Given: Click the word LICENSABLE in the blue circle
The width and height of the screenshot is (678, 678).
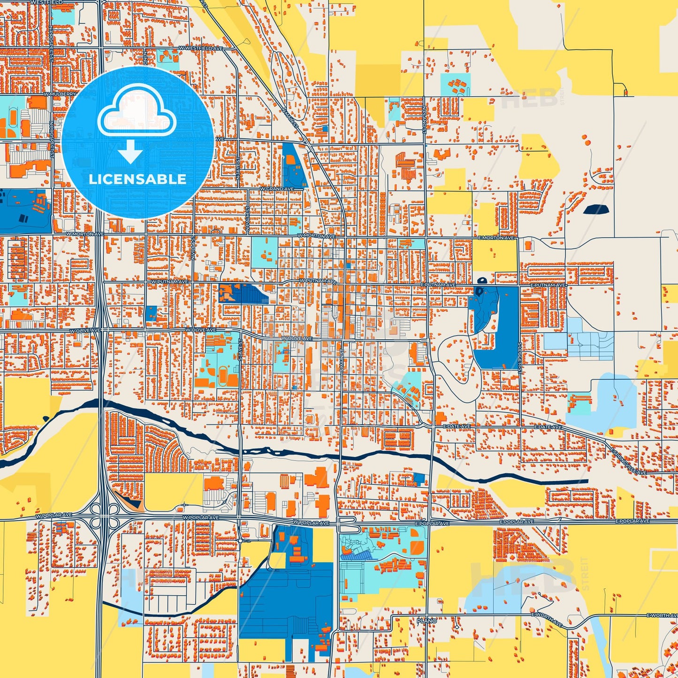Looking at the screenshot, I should tap(137, 179).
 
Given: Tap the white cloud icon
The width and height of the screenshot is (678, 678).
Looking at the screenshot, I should tap(137, 112).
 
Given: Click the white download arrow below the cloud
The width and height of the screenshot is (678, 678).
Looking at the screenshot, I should tap(130, 152).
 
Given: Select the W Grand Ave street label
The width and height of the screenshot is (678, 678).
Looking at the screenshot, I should tap(277, 189).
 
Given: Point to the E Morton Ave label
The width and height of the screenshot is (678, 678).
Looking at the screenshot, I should tap(496, 238).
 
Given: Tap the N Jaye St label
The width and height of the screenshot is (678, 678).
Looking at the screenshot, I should tap(238, 165).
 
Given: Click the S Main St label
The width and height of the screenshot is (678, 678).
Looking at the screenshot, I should tap(343, 359).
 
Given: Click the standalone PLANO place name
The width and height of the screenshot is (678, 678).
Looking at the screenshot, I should tap(427, 621).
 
